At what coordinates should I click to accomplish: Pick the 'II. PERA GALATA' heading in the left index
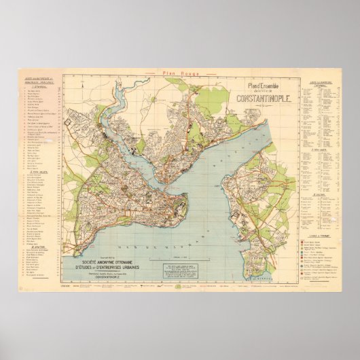pyautogui.click(x=36, y=173)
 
